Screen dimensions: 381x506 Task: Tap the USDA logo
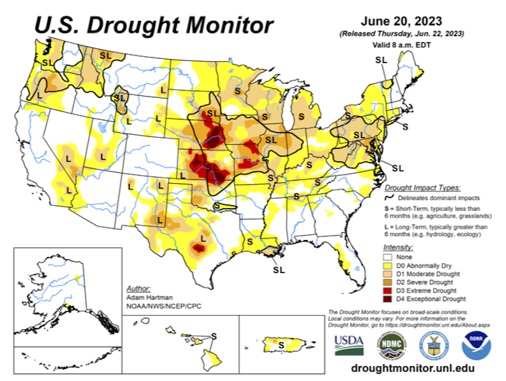pyautogui.click(x=349, y=343)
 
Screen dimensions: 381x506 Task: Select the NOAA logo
pyautogui.click(x=476, y=343)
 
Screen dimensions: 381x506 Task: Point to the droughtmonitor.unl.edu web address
pyautogui.click(x=413, y=368)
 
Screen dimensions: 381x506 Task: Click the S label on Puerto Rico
pyautogui.click(x=283, y=344)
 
